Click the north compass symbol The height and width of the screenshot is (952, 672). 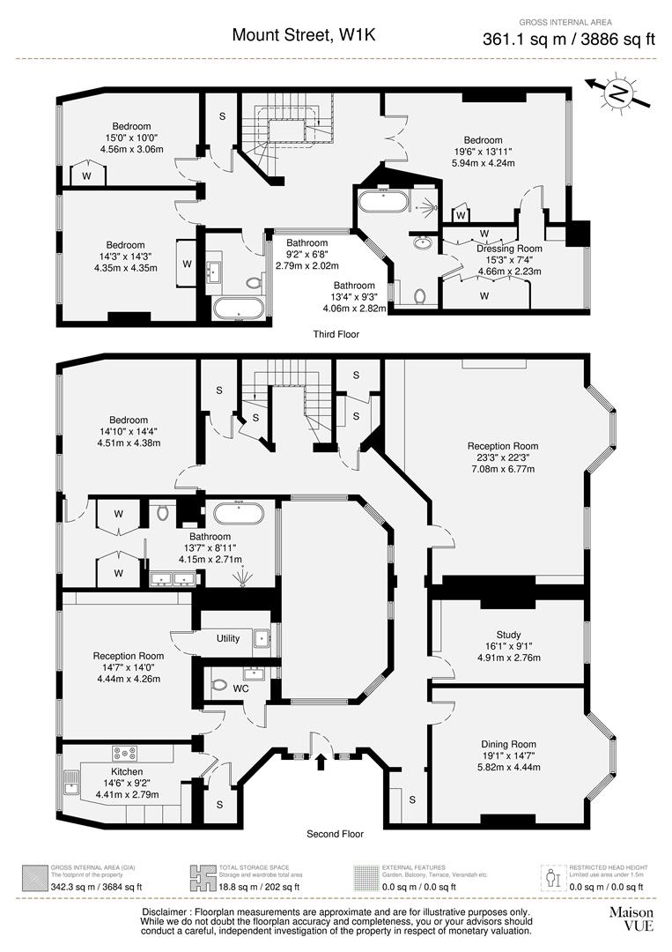tap(620, 93)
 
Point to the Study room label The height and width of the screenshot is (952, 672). tap(508, 635)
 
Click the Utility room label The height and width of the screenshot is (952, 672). tap(227, 638)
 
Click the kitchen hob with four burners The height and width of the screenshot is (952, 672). tap(123, 753)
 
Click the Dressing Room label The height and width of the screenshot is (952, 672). tap(509, 249)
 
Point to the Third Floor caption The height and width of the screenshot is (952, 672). tap(336, 334)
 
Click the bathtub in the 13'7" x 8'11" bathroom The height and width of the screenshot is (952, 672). tap(240, 514)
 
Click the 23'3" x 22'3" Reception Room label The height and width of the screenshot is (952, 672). tap(502, 446)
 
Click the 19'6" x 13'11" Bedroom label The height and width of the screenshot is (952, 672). tap(483, 140)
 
